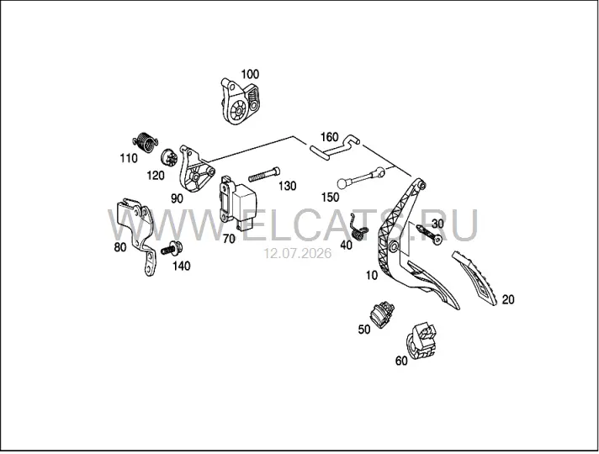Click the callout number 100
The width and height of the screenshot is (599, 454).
point(250,74)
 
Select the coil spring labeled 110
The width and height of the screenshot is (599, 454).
point(146,141)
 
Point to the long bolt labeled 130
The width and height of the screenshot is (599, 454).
point(264,174)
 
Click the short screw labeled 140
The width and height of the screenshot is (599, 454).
point(171,249)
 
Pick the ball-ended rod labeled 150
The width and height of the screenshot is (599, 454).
point(362,177)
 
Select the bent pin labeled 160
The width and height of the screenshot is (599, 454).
point(334,148)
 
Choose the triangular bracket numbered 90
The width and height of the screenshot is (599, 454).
point(195,170)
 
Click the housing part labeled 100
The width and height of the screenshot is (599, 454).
point(240,101)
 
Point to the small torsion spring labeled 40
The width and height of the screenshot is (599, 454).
point(359,230)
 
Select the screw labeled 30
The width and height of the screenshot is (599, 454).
point(429,234)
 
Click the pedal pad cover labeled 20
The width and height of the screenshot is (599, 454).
point(474,277)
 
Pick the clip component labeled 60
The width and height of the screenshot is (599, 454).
point(421,341)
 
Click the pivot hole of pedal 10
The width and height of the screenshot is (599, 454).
point(394,247)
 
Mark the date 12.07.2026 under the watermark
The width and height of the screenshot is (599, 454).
point(299,254)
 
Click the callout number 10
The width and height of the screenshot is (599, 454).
point(372,275)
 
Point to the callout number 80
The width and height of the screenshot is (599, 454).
point(120,247)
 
